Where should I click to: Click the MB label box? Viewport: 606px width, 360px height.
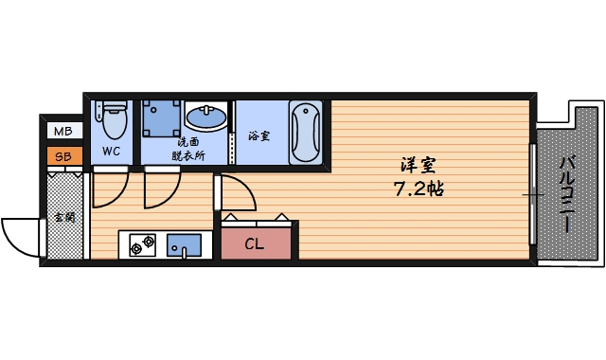64,131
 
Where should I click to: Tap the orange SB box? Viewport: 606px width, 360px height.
64,156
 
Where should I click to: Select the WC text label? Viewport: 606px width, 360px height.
112,152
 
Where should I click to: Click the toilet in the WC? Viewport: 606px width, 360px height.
115,119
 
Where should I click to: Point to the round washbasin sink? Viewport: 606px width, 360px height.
206,116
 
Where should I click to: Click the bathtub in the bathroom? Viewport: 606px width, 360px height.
305,132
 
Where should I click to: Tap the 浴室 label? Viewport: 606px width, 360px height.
258,135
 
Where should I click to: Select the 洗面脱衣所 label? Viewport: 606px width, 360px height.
188,149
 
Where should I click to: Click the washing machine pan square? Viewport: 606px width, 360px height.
161,118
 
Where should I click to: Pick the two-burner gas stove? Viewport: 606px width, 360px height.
143,244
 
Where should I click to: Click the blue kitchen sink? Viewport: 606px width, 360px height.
184,245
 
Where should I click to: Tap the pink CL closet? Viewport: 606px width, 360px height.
256,243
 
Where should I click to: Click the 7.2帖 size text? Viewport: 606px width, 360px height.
419,189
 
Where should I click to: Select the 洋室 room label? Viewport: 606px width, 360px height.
419,165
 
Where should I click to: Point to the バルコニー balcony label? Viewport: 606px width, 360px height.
567,194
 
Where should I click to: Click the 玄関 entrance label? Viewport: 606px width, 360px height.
65,217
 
